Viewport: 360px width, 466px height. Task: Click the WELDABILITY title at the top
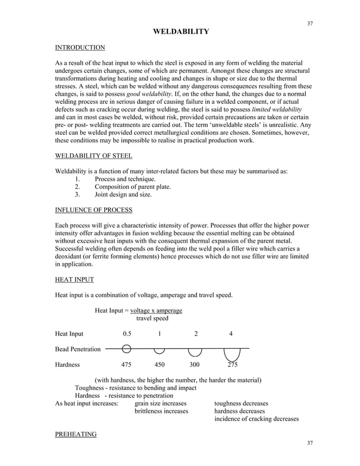pyautogui.click(x=181, y=32)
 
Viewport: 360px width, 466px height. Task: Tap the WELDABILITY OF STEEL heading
pyautogui.click(x=93, y=156)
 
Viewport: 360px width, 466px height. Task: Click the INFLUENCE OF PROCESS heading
pyautogui.click(x=93, y=210)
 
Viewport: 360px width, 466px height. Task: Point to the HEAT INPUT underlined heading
pyautogui.click(x=74, y=279)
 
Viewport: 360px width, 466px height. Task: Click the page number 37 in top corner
pyautogui.click(x=309, y=23)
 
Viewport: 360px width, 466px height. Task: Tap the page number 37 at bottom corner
pyautogui.click(x=309, y=443)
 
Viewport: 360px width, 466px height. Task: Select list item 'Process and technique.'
pyautogui.click(x=125, y=179)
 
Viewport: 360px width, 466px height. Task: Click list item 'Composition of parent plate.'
pyautogui.click(x=133, y=187)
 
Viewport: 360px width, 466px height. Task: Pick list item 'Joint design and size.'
pyautogui.click(x=123, y=195)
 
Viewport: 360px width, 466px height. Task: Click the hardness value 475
pyautogui.click(x=127, y=364)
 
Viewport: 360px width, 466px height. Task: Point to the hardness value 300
pyautogui.click(x=195, y=364)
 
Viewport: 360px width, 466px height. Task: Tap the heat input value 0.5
pyautogui.click(x=127, y=334)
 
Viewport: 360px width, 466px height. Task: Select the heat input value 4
pyautogui.click(x=231, y=334)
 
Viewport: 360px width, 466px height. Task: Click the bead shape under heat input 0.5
pyautogui.click(x=127, y=349)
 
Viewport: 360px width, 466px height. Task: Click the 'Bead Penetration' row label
pyautogui.click(x=77, y=349)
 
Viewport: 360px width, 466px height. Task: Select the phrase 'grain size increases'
pyautogui.click(x=160, y=403)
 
